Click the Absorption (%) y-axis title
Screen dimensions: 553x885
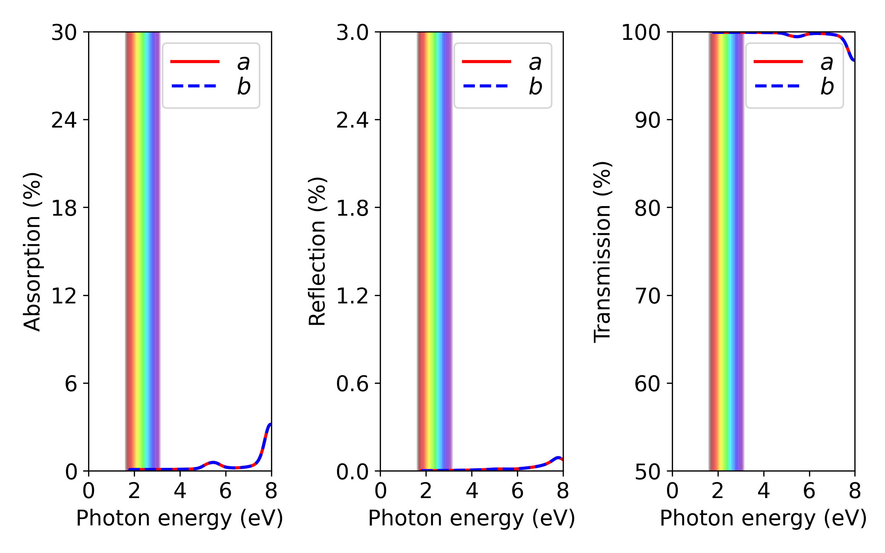click(32, 251)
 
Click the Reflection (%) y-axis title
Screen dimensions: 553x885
click(317, 251)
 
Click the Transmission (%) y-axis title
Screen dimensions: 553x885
click(602, 251)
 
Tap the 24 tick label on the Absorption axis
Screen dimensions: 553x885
click(64, 120)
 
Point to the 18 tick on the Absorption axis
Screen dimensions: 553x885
click(64, 208)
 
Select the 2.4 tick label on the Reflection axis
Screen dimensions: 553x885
click(352, 120)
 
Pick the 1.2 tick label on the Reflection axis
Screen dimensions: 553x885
click(352, 296)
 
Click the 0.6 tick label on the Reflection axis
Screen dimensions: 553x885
click(352, 383)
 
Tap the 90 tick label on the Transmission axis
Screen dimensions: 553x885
click(647, 120)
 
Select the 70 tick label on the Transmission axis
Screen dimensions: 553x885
click(647, 296)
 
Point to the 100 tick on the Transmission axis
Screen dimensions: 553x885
click(641, 32)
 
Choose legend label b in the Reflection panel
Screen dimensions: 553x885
click(535, 87)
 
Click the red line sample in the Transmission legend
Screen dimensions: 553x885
click(778, 61)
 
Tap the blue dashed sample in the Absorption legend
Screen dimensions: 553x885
click(194, 86)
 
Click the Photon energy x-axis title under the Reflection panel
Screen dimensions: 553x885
click(472, 518)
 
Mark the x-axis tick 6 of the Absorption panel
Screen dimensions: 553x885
click(225, 491)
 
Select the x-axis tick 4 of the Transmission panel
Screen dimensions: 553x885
click(763, 491)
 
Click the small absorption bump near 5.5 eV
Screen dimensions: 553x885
click(213, 462)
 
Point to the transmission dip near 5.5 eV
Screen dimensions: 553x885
click(796, 37)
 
